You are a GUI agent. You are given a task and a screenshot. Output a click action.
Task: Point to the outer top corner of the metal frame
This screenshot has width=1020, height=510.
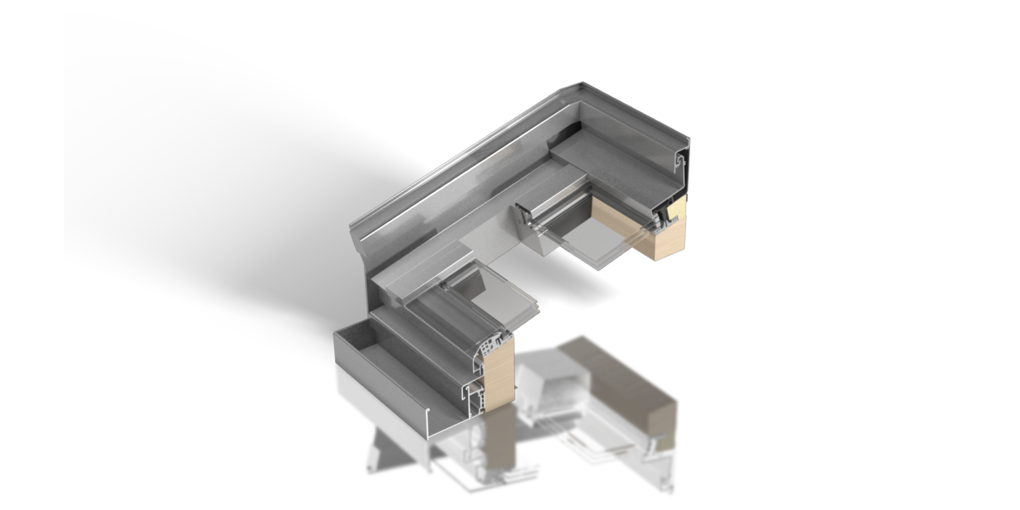tap(581, 83)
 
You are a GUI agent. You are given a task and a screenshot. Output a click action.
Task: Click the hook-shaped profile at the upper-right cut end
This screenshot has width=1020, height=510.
tap(681, 163)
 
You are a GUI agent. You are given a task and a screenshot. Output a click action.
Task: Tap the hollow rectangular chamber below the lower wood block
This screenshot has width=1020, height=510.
tap(475, 404)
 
